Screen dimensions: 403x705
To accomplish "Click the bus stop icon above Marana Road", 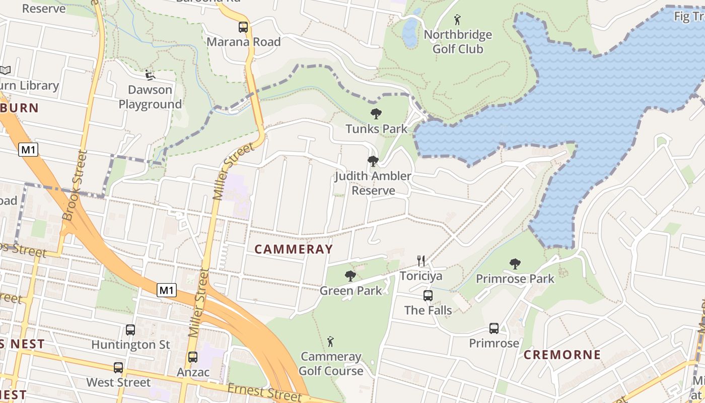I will click(x=243, y=27).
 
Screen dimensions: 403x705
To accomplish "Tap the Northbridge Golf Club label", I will click(x=457, y=42).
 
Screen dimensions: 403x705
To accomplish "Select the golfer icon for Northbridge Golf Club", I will click(x=457, y=20).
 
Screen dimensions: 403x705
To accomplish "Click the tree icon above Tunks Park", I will click(x=376, y=114).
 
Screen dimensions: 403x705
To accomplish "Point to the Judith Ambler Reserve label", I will click(x=373, y=183).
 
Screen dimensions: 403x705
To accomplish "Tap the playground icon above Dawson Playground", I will click(x=150, y=75).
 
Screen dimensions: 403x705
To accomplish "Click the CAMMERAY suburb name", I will click(x=294, y=249).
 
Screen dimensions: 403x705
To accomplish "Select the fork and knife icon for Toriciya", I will click(x=421, y=260).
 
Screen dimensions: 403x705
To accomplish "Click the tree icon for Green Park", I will click(x=350, y=276).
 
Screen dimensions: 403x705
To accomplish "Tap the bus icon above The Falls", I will click(x=428, y=296).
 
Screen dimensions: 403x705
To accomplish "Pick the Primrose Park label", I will click(x=515, y=279).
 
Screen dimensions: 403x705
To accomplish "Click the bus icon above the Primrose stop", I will click(x=494, y=328).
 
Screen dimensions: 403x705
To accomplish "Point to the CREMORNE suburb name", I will click(x=562, y=355).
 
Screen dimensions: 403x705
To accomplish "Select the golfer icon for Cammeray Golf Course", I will click(x=330, y=342).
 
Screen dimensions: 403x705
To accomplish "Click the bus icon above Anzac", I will click(x=193, y=357).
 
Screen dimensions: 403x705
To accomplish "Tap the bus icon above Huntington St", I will click(x=130, y=330).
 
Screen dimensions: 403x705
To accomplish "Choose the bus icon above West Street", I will click(x=118, y=368).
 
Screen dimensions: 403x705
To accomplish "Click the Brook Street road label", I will click(x=75, y=185).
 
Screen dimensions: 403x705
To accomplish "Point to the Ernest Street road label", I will click(x=264, y=392).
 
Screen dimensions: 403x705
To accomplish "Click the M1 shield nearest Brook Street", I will click(x=28, y=149).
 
